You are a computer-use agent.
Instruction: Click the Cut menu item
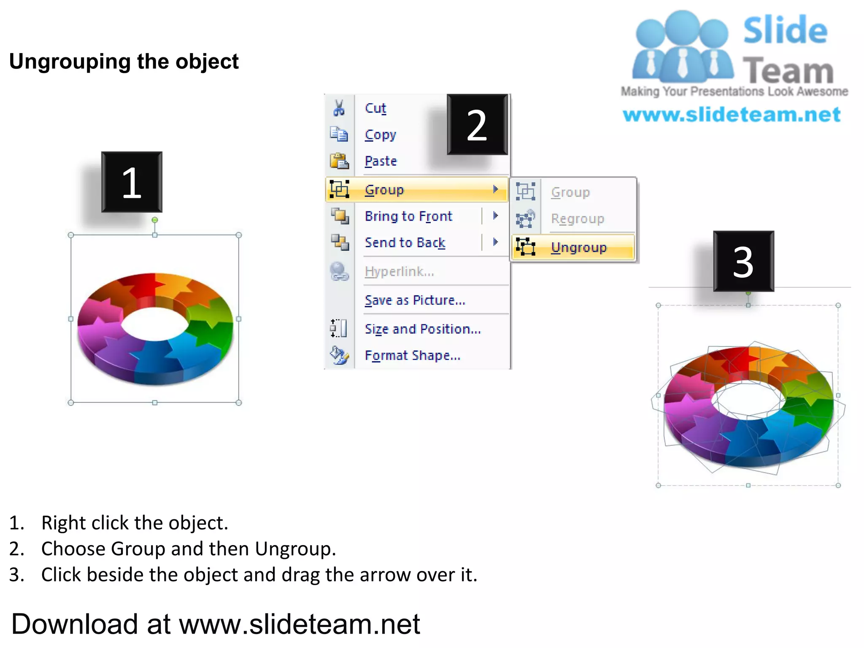[x=375, y=108]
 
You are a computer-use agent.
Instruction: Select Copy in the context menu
[x=380, y=135]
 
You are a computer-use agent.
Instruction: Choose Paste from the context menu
[x=381, y=161]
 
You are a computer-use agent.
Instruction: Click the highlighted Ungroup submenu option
[x=578, y=247]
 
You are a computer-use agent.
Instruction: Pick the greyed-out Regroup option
[x=577, y=219]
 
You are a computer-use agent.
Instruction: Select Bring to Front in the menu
[x=408, y=216]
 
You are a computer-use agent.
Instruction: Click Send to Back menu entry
[x=405, y=243]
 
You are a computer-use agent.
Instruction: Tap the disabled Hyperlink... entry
[x=399, y=271]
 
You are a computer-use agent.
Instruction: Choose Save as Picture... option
[x=415, y=300]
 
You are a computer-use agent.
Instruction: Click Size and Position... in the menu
[x=422, y=329]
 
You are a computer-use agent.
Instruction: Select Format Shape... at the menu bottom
[x=412, y=355]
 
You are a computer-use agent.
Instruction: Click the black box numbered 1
[x=132, y=182]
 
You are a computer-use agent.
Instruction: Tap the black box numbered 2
[x=477, y=124]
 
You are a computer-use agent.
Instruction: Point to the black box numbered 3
[x=743, y=261]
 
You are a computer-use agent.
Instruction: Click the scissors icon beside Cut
[x=339, y=108]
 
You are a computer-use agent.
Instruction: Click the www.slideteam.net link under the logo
[x=732, y=115]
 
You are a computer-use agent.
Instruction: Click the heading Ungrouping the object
[x=124, y=62]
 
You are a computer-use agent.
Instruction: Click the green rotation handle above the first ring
[x=155, y=220]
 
